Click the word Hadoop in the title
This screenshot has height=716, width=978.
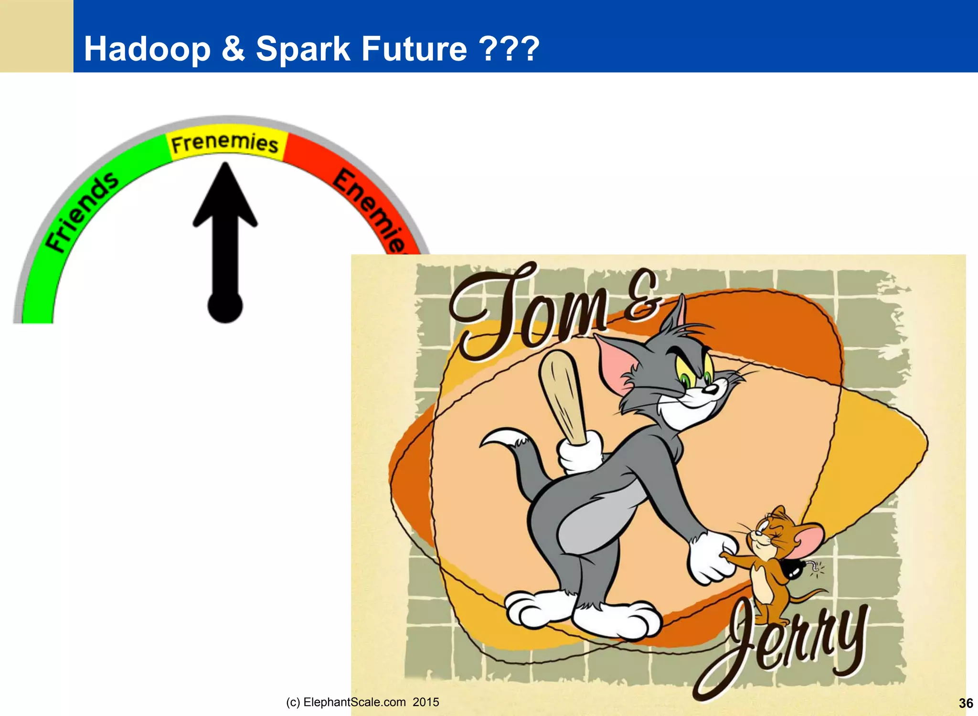[147, 49]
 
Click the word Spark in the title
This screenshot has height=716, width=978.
[303, 49]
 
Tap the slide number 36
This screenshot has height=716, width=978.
[966, 703]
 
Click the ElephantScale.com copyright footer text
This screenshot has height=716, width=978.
[362, 702]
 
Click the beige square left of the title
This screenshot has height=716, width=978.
[36, 36]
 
